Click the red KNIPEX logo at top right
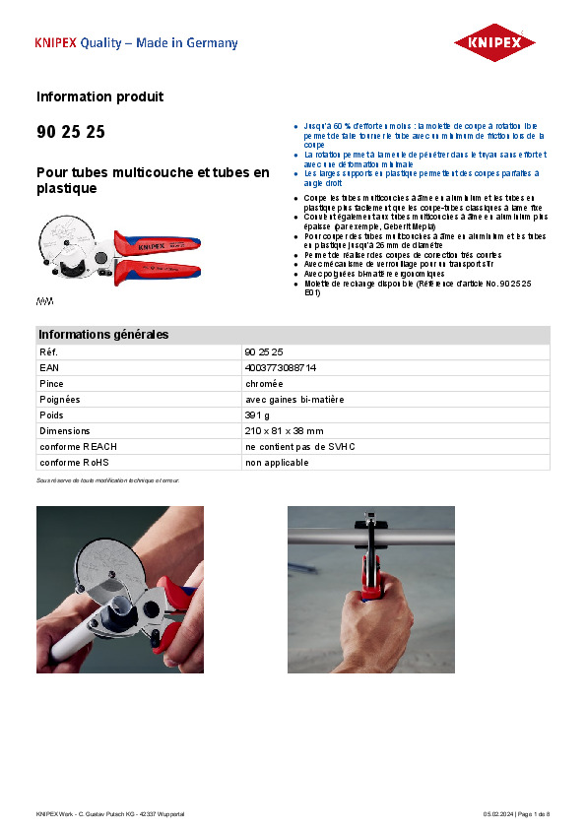494,43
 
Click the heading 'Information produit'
99,96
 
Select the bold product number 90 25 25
71,132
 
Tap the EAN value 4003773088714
280,367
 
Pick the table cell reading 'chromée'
264,383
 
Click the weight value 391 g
257,414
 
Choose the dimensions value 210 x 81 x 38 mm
284,430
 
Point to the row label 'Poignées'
59,399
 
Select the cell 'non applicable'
277,462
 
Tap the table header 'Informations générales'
103,335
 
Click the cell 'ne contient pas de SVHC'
299,446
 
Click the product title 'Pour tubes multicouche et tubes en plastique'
153,180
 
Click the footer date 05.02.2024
498,813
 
